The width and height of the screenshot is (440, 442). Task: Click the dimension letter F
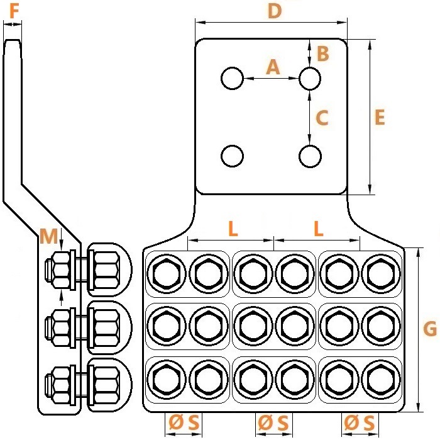(14, 11)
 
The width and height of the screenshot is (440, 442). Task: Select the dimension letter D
(275, 11)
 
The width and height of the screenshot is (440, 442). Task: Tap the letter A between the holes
(273, 67)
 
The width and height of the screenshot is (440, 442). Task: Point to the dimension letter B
(322, 54)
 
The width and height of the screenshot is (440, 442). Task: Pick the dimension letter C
(322, 118)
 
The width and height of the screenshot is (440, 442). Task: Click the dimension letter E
(380, 117)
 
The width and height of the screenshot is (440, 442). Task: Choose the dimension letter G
(430, 329)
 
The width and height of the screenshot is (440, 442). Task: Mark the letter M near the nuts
(48, 236)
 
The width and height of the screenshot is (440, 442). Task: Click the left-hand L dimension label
(233, 229)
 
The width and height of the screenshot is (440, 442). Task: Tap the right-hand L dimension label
(319, 229)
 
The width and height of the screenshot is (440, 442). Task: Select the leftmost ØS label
(184, 422)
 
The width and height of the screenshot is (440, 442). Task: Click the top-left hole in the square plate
(232, 78)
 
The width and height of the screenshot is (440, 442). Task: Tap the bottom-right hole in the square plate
(310, 156)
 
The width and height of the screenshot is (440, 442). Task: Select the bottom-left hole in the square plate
(232, 156)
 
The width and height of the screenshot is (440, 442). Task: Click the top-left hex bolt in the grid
(167, 274)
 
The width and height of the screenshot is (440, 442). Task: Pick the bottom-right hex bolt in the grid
(381, 380)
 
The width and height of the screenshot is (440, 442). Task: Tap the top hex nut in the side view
(61, 270)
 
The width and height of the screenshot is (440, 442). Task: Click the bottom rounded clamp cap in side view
(109, 385)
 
